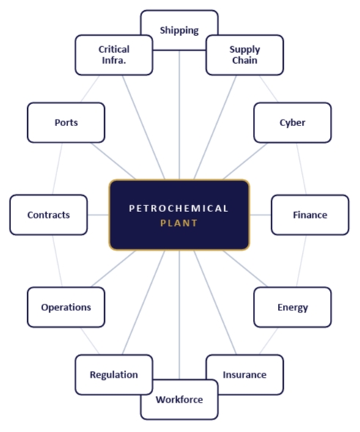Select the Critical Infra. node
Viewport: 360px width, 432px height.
(114, 55)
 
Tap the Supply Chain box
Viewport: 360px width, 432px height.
(245, 55)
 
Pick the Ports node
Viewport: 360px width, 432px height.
(66, 122)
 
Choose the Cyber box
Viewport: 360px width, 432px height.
(293, 122)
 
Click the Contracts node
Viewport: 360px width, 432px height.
(48, 215)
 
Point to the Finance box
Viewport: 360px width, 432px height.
(310, 215)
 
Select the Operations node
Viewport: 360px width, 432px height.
(66, 307)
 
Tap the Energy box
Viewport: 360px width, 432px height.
(293, 307)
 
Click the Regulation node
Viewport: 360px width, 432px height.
(114, 375)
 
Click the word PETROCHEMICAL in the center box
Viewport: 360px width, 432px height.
(179, 208)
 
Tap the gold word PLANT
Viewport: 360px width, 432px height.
(179, 223)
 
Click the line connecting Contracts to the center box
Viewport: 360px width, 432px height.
(98, 215)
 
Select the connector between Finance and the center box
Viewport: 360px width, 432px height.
(260, 215)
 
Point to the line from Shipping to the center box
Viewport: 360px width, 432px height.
(180, 115)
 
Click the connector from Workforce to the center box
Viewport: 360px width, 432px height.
(180, 315)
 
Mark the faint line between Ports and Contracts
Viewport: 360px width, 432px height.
(57, 169)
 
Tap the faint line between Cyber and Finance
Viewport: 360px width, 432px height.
(301, 169)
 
